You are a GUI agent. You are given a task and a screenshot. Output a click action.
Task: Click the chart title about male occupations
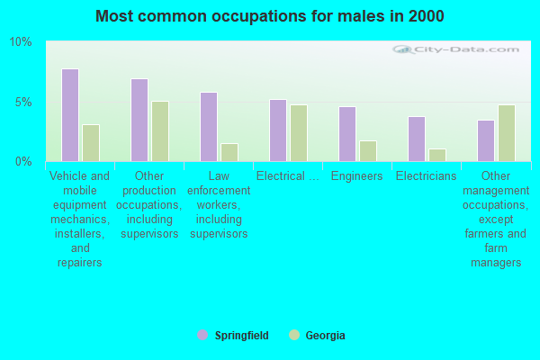(x=270, y=16)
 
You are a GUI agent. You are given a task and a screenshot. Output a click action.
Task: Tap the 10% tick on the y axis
(x=21, y=42)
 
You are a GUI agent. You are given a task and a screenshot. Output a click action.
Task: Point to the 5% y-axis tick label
(x=23, y=102)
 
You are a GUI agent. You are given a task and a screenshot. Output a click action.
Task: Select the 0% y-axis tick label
(x=23, y=161)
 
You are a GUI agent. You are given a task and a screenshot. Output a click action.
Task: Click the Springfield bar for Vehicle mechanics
(x=70, y=115)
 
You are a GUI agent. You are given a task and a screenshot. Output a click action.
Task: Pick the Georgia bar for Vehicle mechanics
(x=91, y=143)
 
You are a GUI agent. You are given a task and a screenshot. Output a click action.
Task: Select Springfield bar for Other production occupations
(x=139, y=120)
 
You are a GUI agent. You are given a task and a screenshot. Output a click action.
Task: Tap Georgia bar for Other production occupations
(x=160, y=131)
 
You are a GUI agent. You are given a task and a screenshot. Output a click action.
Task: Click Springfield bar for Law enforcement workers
(x=209, y=127)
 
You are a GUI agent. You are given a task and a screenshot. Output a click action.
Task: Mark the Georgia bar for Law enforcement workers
(x=229, y=152)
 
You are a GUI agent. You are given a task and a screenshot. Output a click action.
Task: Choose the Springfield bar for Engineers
(x=347, y=134)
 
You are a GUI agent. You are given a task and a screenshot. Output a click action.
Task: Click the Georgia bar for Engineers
(x=368, y=151)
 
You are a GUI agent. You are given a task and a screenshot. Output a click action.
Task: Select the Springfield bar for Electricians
(x=417, y=139)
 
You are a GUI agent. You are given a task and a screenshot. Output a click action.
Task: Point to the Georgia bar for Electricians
(x=437, y=155)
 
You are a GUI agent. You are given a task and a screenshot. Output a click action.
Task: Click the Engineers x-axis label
(x=357, y=176)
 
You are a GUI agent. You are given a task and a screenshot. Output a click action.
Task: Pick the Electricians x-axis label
(x=427, y=176)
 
